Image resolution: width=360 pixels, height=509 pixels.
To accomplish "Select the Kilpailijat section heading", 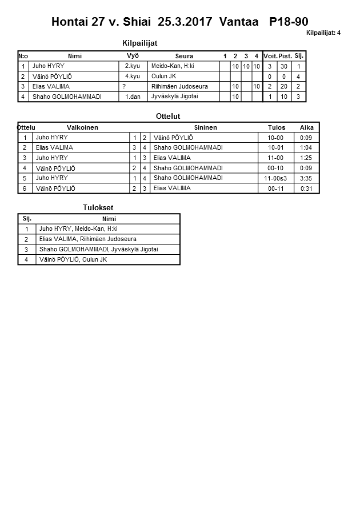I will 140,43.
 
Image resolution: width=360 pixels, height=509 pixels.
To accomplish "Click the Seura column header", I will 184,56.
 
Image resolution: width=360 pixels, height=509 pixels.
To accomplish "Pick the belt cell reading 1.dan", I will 133,97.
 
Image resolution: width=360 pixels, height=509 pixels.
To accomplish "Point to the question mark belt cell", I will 124,86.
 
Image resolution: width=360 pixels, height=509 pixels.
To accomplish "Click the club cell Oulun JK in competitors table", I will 164,76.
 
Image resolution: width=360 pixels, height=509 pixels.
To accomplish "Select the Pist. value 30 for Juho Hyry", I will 283,66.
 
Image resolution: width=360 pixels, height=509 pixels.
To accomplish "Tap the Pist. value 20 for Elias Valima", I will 283,86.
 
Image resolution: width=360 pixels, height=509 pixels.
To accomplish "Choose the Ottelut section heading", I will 168,116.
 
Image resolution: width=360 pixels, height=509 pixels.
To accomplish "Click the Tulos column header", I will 277,127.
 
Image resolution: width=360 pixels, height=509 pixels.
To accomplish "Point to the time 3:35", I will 306,178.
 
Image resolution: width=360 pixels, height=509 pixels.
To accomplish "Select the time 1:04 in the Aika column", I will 306,147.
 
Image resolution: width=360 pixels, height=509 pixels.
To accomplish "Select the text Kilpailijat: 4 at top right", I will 323,33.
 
